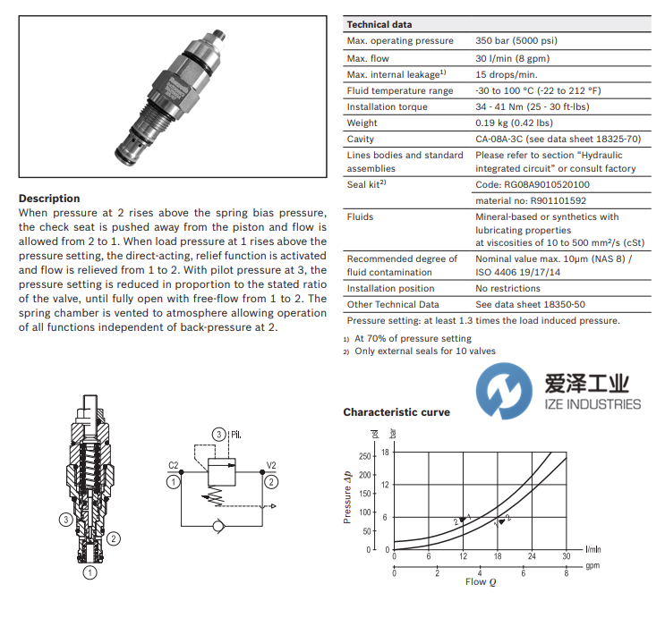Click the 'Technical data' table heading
point(379,25)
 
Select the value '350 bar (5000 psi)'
point(524,41)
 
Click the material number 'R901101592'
point(533,201)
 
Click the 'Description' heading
point(49,199)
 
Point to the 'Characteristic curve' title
point(396,412)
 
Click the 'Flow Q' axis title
point(475,582)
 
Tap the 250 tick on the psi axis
point(364,456)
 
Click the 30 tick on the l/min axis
point(566,557)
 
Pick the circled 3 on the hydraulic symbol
point(217,435)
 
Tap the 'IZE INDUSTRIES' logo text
point(593,404)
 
